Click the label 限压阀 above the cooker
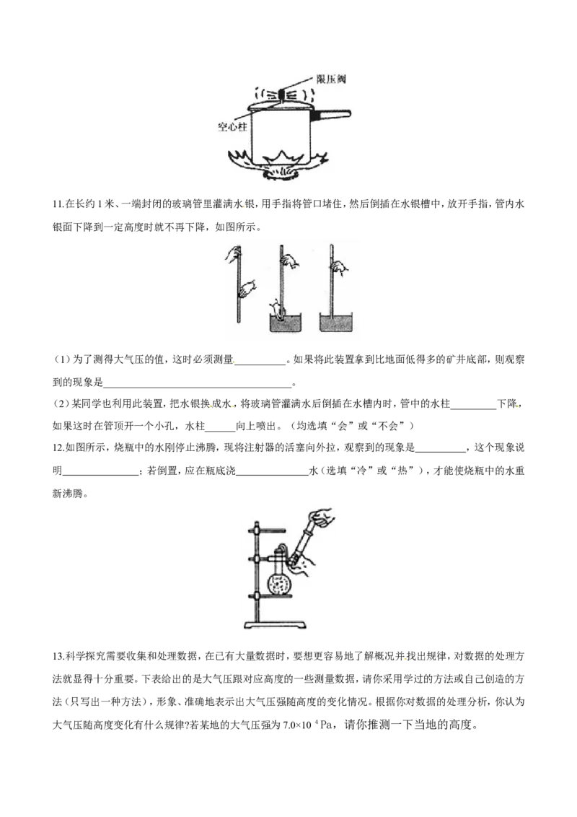click(x=330, y=79)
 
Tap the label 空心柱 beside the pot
click(x=232, y=126)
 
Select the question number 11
click(x=57, y=204)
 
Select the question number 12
click(x=57, y=447)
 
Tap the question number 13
click(x=57, y=656)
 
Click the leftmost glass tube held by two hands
click(x=238, y=284)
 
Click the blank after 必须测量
click(x=260, y=363)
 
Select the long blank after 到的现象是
click(x=198, y=386)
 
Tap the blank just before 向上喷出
click(x=220, y=430)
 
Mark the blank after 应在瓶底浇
click(x=272, y=474)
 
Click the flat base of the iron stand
click(x=275, y=624)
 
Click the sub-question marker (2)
click(x=61, y=404)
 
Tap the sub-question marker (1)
click(x=61, y=359)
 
